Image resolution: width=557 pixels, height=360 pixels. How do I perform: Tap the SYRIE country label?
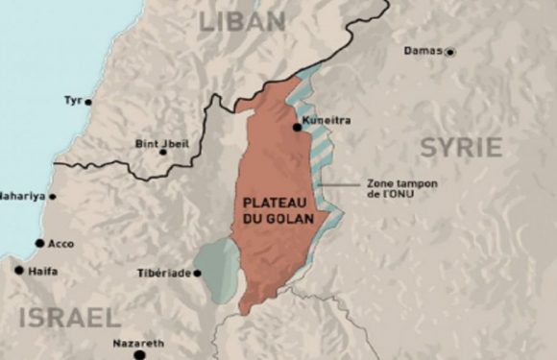pos(460,147)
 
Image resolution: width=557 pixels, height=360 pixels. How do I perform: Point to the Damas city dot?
pos(449,52)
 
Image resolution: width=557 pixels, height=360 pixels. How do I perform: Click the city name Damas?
pos(423,51)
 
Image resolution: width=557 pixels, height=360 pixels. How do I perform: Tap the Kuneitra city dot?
pos(297,127)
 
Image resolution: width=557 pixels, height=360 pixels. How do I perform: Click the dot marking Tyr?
pos(88,101)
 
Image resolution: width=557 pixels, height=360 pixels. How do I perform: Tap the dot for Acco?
pos(39,243)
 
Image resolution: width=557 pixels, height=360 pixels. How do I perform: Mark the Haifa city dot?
pos(18,271)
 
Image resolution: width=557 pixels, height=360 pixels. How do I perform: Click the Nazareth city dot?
pos(139,353)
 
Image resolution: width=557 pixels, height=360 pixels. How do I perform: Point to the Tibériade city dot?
pos(197,273)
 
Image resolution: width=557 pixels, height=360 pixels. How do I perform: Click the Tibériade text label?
pos(165,273)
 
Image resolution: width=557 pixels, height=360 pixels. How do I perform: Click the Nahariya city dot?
pos(52,197)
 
